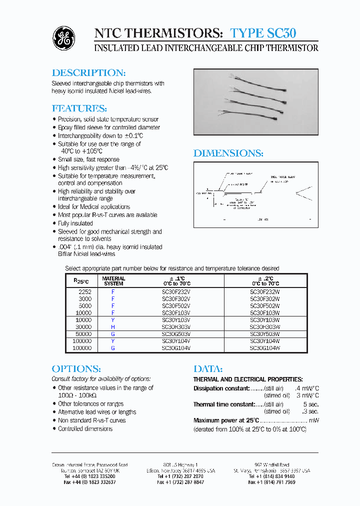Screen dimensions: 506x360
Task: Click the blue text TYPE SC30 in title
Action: point(263,33)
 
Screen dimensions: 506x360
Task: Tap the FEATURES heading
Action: point(79,108)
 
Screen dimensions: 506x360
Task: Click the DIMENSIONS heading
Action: point(228,153)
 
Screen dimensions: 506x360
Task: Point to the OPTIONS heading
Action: point(76,369)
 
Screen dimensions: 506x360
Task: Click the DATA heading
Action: point(207,369)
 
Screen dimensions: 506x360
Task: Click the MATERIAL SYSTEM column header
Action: point(113,281)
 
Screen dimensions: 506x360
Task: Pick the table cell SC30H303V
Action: point(176,326)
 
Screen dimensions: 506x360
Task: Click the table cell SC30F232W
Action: point(264,291)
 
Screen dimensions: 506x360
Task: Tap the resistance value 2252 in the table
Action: point(84,291)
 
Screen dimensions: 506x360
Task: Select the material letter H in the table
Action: point(113,326)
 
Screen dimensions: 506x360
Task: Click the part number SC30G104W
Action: point(264,347)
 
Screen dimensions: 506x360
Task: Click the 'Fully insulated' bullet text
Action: point(75,223)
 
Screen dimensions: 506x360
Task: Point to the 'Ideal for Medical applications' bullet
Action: point(94,206)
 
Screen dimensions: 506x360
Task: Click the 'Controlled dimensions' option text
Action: point(85,428)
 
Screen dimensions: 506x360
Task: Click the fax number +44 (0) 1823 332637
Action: point(90,482)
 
